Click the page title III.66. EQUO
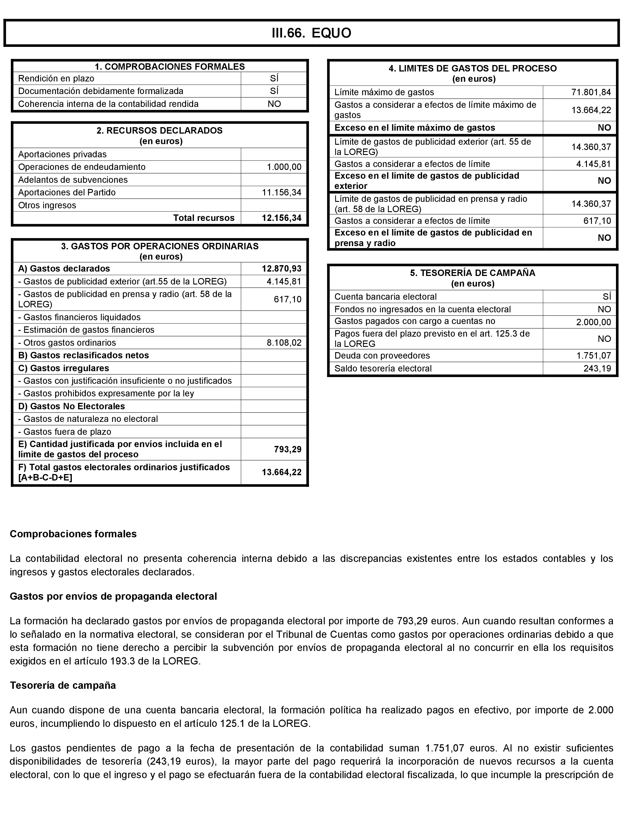pos(311,33)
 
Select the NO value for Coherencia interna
pos(274,104)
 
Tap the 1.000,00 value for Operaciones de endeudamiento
pos(284,167)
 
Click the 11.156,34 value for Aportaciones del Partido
pos(281,193)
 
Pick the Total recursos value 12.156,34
pos(281,218)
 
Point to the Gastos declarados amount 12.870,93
pos(281,269)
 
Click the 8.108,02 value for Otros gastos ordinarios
pos(284,343)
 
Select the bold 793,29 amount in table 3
pos(288,449)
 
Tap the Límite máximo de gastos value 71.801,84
pos(591,92)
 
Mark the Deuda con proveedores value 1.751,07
pos(593,356)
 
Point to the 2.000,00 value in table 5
pos(593,322)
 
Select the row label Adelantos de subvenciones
pos(73,180)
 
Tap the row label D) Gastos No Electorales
pos(72,407)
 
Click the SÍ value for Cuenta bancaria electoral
pos(607,297)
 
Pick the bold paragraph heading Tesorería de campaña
pos(63,686)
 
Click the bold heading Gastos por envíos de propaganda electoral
pos(113,596)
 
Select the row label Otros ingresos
pos(47,206)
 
